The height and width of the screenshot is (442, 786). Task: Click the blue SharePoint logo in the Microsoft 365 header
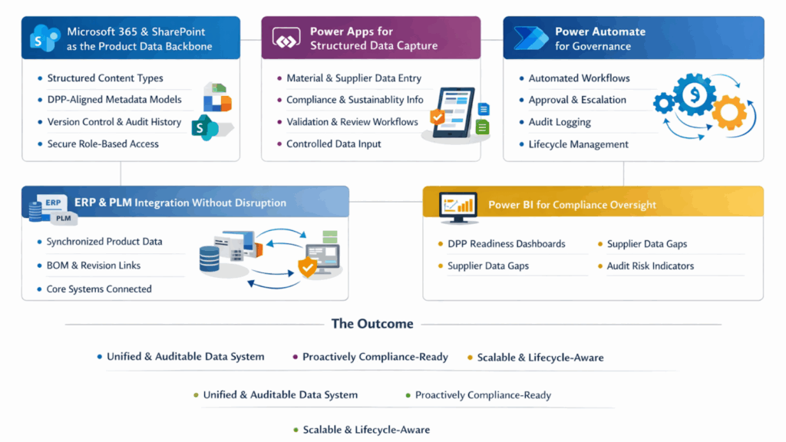pyautogui.click(x=45, y=38)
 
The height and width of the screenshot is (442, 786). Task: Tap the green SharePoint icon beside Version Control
pyautogui.click(x=205, y=127)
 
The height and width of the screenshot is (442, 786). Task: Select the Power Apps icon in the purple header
pyautogui.click(x=286, y=38)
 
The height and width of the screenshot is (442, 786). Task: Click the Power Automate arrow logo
pyautogui.click(x=531, y=38)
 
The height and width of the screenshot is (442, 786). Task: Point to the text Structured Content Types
pyautogui.click(x=105, y=78)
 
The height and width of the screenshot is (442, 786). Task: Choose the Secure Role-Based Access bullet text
pyautogui.click(x=103, y=143)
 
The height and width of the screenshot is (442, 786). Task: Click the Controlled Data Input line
pyautogui.click(x=333, y=143)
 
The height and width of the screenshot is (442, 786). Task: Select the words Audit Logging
pyautogui.click(x=560, y=122)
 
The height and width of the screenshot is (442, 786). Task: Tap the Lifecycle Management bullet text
pyautogui.click(x=578, y=144)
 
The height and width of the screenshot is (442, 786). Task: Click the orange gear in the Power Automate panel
pyautogui.click(x=729, y=113)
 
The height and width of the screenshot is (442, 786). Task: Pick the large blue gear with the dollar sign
pyautogui.click(x=694, y=94)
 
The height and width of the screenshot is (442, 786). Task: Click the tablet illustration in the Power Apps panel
pyautogui.click(x=453, y=114)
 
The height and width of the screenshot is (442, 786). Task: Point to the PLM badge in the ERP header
pyautogui.click(x=63, y=219)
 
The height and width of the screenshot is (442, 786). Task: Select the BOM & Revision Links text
pyautogui.click(x=93, y=266)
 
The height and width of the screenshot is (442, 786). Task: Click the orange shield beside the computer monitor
pyautogui.click(x=307, y=267)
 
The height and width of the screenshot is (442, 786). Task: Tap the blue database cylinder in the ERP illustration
pyautogui.click(x=209, y=259)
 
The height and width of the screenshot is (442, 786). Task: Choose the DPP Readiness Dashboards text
pyautogui.click(x=507, y=244)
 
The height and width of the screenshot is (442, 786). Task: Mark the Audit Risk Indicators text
pyautogui.click(x=650, y=266)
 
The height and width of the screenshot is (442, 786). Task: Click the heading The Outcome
pyautogui.click(x=372, y=324)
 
